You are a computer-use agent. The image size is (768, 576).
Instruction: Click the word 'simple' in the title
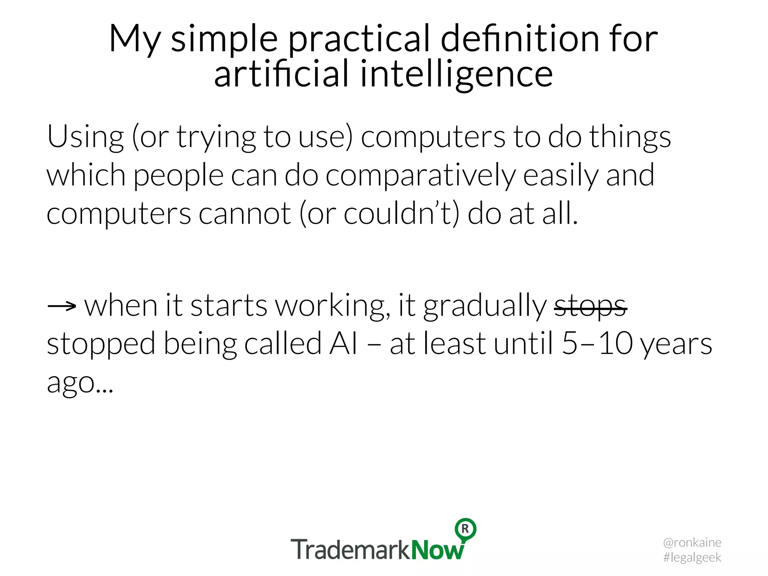[224, 39]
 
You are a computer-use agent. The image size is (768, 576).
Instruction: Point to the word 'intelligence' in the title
[456, 74]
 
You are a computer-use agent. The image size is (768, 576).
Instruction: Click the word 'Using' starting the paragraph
[85, 137]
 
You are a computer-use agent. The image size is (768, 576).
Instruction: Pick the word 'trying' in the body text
[216, 137]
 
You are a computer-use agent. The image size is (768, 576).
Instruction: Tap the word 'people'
[178, 175]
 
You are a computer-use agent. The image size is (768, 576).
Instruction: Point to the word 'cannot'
[244, 214]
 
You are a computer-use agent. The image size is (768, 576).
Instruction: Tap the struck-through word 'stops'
[590, 306]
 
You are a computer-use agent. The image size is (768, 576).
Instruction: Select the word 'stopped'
[101, 344]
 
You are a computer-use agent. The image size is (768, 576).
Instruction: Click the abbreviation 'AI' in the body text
[343, 344]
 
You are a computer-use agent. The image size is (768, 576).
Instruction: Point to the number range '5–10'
[597, 344]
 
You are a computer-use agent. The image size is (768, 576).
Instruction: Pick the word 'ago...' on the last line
[79, 382]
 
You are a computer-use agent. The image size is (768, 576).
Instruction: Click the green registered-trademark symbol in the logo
[465, 529]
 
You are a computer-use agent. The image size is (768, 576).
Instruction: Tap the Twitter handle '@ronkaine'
[692, 542]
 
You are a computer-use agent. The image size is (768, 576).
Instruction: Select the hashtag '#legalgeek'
[692, 557]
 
